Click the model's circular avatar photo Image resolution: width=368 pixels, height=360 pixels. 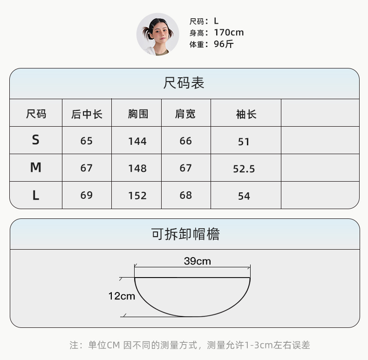tap(158, 34)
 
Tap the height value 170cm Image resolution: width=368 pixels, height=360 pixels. tap(229, 33)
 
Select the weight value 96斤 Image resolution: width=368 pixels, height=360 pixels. tap(224, 45)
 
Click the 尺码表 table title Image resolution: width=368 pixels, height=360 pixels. tap(184, 83)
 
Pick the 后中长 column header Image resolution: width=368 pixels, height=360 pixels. tap(87, 114)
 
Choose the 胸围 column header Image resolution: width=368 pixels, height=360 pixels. tap(137, 114)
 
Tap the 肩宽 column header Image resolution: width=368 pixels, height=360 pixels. tap(185, 114)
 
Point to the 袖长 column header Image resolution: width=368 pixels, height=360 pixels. tap(246, 114)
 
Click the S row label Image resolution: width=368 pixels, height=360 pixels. tap(36, 140)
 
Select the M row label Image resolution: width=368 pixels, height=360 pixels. tap(36, 168)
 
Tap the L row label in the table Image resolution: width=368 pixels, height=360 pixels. tap(36, 196)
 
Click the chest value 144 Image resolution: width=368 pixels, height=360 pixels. tap(137, 141)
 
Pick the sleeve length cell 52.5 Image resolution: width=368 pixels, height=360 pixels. tap(244, 169)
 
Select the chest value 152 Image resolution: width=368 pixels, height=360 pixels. tap(137, 196)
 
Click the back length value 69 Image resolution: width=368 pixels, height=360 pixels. tap(87, 196)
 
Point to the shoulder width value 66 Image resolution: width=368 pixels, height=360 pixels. tap(185, 141)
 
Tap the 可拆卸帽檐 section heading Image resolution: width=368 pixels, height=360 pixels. tap(185, 234)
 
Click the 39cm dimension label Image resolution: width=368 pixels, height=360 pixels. tap(197, 261)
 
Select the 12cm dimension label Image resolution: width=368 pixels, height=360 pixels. tap(122, 296)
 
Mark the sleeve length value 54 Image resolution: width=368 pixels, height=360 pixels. tap(244, 196)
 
